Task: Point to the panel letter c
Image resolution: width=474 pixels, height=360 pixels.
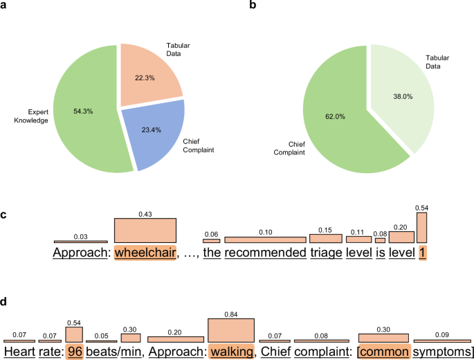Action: click(x=4, y=215)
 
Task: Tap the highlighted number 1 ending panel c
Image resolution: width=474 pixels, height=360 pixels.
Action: click(x=422, y=253)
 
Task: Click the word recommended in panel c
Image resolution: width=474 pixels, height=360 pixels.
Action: click(x=265, y=253)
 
